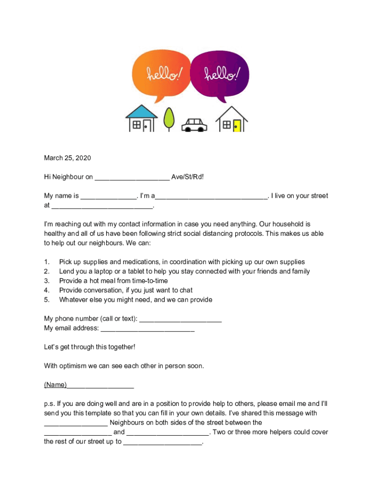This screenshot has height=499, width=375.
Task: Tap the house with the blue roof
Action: pos(141,119)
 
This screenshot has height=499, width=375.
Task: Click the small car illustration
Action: pos(194,125)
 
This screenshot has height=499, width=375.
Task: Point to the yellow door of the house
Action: pos(237,125)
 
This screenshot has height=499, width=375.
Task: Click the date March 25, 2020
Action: pos(68,158)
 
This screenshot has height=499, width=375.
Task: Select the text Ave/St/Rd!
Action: pos(187,177)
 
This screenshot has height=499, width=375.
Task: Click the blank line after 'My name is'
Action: pos(109,196)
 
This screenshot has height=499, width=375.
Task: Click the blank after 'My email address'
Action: pos(147,328)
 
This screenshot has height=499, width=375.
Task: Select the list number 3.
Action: pos(47,281)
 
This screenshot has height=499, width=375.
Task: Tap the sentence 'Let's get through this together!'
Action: pos(90,347)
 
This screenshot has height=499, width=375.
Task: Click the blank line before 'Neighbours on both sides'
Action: pos(75,423)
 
